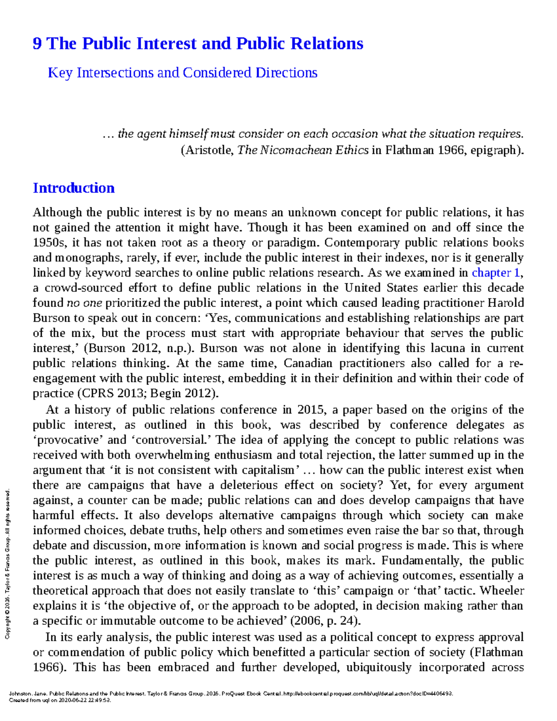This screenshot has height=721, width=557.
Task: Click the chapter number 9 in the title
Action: (x=37, y=44)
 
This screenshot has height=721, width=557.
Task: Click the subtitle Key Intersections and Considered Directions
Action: (x=182, y=73)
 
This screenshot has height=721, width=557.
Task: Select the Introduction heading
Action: (x=73, y=188)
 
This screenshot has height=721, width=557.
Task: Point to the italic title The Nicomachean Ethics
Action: (x=303, y=150)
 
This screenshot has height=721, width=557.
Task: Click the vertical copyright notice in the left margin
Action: (x=7, y=564)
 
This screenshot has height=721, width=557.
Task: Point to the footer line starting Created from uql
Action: (x=60, y=700)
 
